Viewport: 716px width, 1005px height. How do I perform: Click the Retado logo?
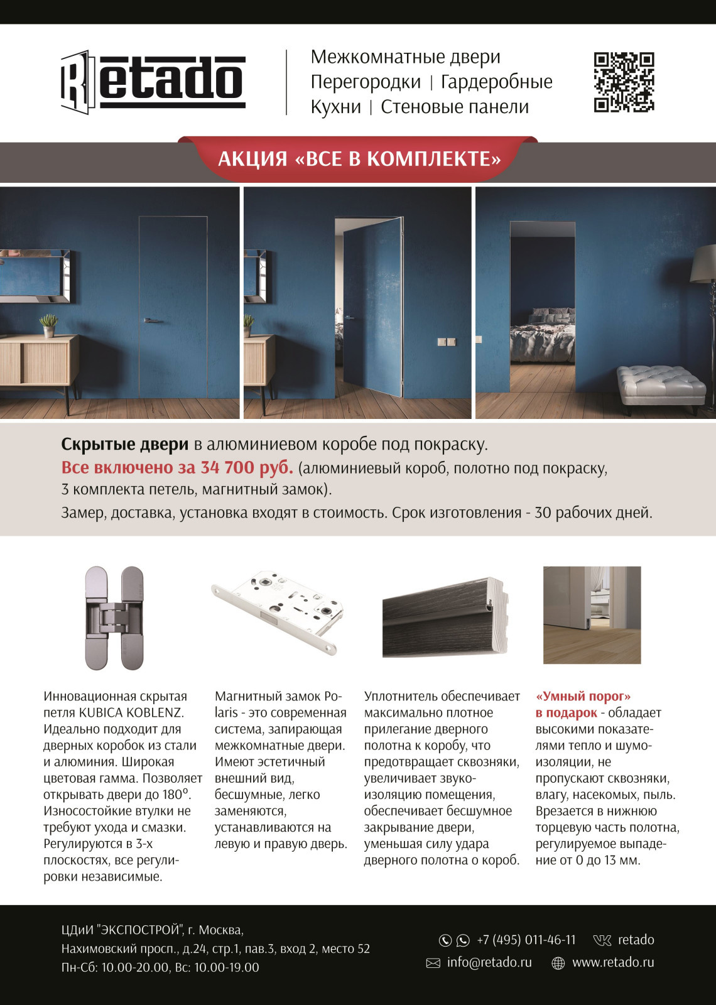point(153,82)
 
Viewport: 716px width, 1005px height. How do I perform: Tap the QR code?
point(624,82)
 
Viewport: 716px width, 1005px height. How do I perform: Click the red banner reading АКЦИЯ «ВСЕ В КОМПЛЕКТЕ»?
point(359,159)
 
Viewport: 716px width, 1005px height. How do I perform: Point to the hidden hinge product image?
point(114,618)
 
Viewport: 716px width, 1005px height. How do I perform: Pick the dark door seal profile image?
point(445,618)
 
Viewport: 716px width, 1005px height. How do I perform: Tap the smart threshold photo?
point(592,615)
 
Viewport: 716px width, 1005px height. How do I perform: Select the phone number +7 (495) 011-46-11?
point(526,940)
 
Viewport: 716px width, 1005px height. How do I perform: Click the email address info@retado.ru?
point(489,962)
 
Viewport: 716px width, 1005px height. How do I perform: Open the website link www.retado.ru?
point(612,962)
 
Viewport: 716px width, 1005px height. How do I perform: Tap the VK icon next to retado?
point(602,940)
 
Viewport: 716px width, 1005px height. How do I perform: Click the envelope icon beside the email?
point(433,963)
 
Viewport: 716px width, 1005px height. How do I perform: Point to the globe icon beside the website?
point(558,963)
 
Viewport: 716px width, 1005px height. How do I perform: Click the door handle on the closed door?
point(151,320)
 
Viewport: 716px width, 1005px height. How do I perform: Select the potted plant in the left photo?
point(48,325)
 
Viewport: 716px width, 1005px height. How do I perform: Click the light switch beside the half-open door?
point(446,342)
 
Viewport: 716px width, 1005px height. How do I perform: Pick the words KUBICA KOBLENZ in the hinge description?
point(131,713)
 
